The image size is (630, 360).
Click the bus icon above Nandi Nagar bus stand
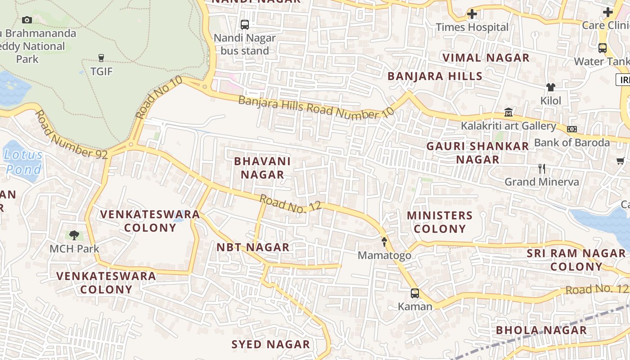tap(245, 25)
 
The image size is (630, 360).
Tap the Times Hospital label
tap(472, 27)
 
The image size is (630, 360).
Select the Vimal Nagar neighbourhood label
tap(486, 58)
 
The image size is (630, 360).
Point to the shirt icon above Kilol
tap(550, 87)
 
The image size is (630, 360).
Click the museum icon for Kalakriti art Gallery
tap(508, 112)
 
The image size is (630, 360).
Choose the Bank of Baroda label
tap(571, 143)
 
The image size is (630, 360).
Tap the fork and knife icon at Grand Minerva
tap(542, 169)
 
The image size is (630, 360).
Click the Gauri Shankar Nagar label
tap(477, 153)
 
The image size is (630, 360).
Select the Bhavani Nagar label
tap(262, 168)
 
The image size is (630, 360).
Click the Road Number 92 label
tap(72, 135)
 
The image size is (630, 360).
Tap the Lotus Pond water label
tap(23, 162)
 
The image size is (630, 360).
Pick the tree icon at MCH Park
tap(74, 235)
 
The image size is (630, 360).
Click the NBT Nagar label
tap(253, 247)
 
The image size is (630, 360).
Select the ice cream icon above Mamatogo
tap(384, 242)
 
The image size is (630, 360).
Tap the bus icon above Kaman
tap(415, 293)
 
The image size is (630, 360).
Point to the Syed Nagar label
tap(270, 345)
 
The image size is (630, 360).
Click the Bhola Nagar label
tap(541, 330)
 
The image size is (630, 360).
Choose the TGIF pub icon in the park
tap(101, 58)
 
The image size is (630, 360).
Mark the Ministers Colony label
tap(440, 222)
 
